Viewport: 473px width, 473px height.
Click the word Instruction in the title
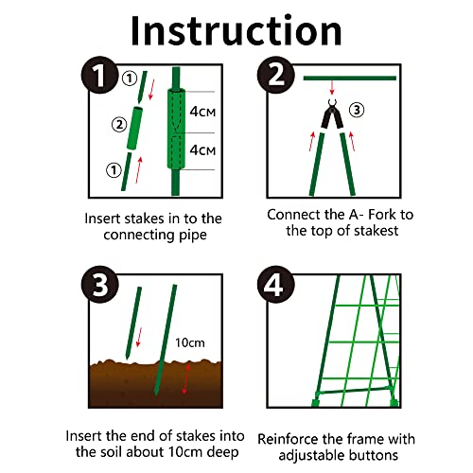[236, 29]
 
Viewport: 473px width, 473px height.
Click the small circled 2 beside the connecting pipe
[118, 123]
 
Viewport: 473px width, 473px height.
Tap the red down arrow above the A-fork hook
[332, 92]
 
